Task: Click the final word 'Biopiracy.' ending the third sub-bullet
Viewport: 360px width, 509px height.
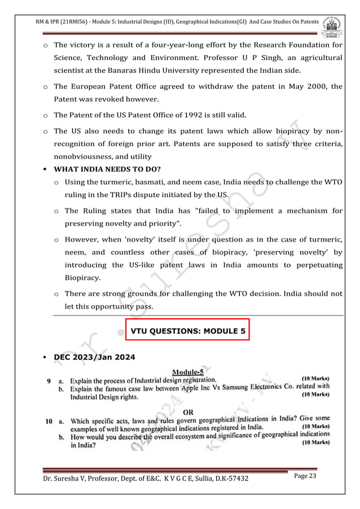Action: coord(84,278)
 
